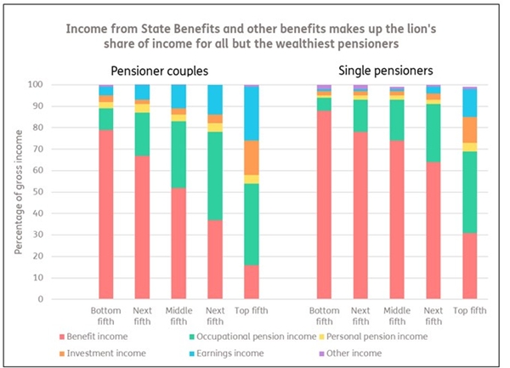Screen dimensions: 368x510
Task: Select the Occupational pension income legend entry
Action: pyautogui.click(x=266, y=337)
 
